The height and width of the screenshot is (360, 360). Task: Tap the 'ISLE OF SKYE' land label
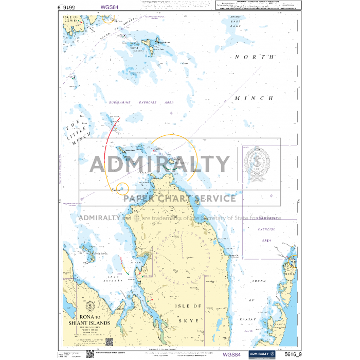(x=189, y=313)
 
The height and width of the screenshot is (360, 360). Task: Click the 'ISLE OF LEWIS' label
(x=71, y=19)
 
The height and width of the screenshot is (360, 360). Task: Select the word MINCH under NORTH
(x=255, y=98)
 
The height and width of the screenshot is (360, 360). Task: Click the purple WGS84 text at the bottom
(x=231, y=354)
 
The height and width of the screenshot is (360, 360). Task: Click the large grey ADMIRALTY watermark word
(x=160, y=165)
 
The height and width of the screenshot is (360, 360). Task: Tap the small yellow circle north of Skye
(x=122, y=188)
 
